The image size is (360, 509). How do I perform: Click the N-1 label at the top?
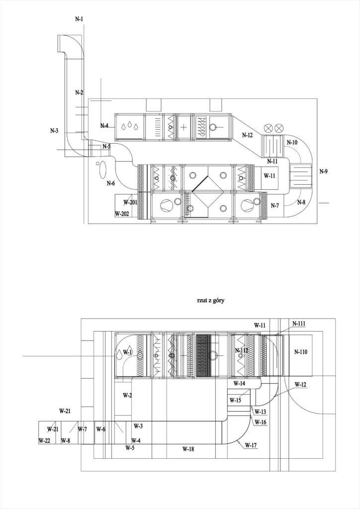(79, 19)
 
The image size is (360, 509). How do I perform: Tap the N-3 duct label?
(54, 131)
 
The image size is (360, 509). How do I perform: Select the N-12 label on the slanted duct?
(247, 135)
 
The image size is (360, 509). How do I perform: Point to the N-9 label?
(323, 171)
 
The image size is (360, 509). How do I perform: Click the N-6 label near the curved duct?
(111, 183)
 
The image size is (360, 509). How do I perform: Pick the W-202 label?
(122, 214)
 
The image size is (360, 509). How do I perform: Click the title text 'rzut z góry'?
(211, 301)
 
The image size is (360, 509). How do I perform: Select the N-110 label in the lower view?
(301, 351)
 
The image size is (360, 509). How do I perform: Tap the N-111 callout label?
(299, 324)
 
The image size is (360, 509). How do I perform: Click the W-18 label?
(188, 449)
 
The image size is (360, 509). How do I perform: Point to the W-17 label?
(251, 445)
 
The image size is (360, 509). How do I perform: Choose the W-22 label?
(44, 440)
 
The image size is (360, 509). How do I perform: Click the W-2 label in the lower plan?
(127, 395)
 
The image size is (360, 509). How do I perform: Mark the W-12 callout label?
(300, 385)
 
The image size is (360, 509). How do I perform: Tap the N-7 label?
(275, 205)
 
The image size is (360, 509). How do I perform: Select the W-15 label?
(235, 401)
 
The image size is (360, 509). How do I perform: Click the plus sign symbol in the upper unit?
(184, 127)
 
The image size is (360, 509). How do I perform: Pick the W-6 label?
(101, 429)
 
